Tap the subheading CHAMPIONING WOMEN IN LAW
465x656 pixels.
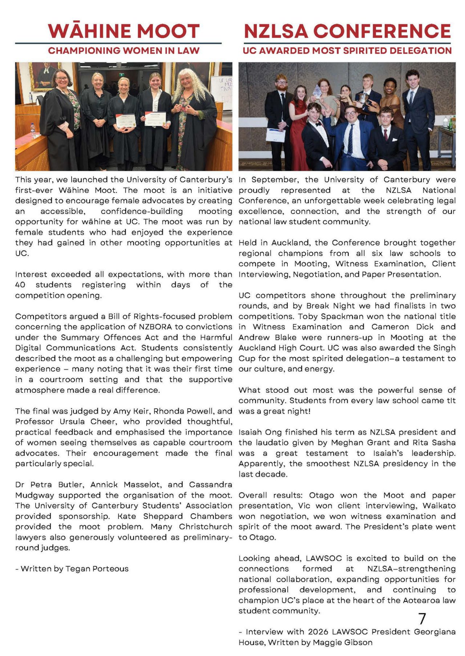click(124, 51)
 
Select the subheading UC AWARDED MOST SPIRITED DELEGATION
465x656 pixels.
click(347, 51)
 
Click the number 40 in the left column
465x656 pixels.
click(20, 285)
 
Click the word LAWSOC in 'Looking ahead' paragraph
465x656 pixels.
click(324, 558)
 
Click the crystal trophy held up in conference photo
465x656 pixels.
click(318, 91)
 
